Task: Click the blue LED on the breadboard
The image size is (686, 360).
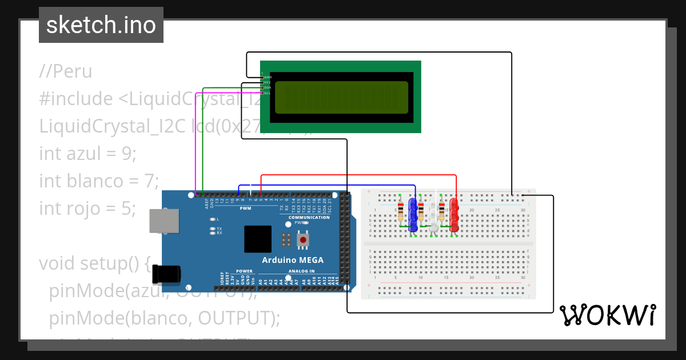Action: (413, 210)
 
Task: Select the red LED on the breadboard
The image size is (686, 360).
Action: (454, 210)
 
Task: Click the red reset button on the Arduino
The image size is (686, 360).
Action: (302, 240)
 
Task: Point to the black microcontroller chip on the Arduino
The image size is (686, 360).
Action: (258, 239)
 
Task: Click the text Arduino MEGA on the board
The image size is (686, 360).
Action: (292, 260)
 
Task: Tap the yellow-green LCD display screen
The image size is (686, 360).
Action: (341, 97)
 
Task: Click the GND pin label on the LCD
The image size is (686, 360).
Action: (268, 77)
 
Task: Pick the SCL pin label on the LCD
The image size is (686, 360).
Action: (267, 93)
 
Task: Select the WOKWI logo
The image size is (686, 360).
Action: (607, 315)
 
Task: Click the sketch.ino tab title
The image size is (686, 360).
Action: (101, 25)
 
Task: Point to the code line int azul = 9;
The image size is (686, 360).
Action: (88, 153)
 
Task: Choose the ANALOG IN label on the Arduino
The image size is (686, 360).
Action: (301, 271)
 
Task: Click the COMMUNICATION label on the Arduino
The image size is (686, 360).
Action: (309, 217)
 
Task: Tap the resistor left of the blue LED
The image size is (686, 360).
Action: (400, 211)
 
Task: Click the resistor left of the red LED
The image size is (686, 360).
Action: (441, 211)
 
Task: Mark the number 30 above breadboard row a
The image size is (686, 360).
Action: (523, 210)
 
